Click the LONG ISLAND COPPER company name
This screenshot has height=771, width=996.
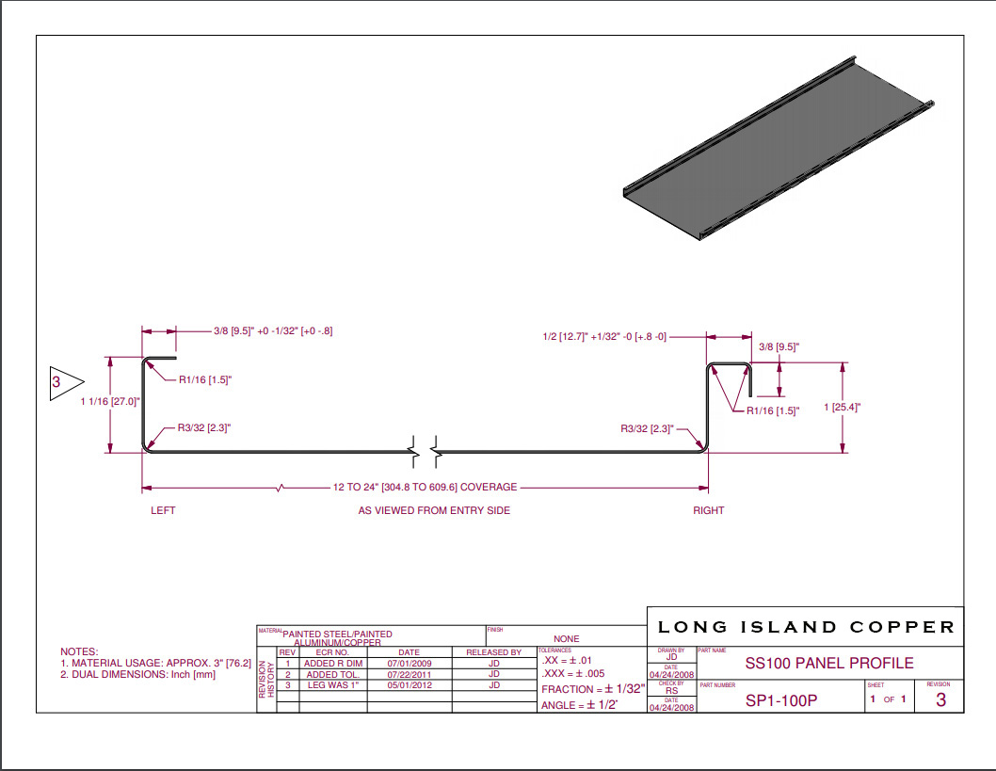pos(806,627)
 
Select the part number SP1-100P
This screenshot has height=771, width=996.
pos(781,700)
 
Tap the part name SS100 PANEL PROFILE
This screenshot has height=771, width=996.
pos(828,663)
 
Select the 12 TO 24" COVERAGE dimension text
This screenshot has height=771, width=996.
pos(425,488)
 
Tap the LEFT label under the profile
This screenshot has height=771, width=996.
pos(163,510)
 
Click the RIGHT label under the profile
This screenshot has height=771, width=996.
pos(709,510)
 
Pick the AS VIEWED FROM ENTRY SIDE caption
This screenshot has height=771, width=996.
pos(434,510)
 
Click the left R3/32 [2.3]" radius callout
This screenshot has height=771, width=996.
pos(203,427)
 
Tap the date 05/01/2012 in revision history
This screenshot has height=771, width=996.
pos(410,685)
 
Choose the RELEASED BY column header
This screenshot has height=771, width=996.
pos(493,651)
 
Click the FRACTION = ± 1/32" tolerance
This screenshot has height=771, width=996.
pos(592,690)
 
